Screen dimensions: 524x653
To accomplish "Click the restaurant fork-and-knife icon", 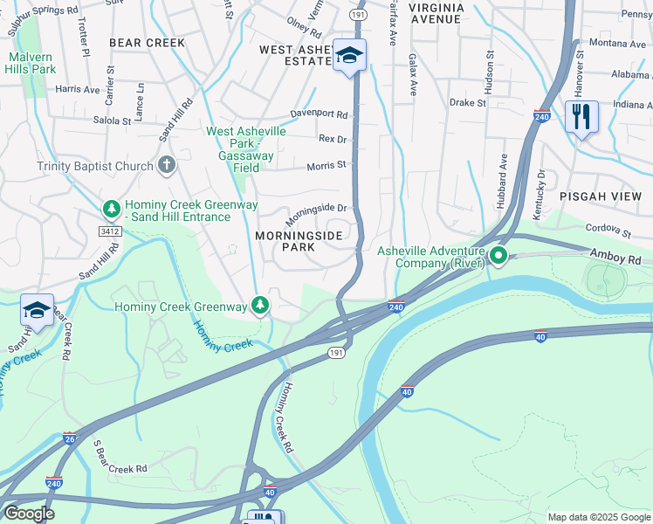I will click(581, 115).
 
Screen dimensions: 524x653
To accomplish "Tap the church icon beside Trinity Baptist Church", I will click(167, 165).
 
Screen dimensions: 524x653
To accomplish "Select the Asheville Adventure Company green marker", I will click(498, 256).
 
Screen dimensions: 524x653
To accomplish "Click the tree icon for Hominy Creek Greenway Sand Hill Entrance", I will click(111, 210).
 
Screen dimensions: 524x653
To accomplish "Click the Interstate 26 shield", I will click(69, 438).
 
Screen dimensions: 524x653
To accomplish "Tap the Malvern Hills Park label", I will click(31, 63).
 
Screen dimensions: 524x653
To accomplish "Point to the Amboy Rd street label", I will click(620, 254).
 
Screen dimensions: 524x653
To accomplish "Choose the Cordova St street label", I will click(608, 229).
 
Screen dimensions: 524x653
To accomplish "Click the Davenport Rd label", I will click(319, 114).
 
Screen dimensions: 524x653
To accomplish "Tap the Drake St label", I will click(467, 102).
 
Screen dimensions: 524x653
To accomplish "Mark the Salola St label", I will click(112, 121).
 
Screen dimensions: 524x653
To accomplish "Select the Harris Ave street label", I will click(78, 89).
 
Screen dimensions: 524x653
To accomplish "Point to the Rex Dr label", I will click(333, 139).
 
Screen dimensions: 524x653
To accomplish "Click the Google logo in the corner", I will click(29, 514).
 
